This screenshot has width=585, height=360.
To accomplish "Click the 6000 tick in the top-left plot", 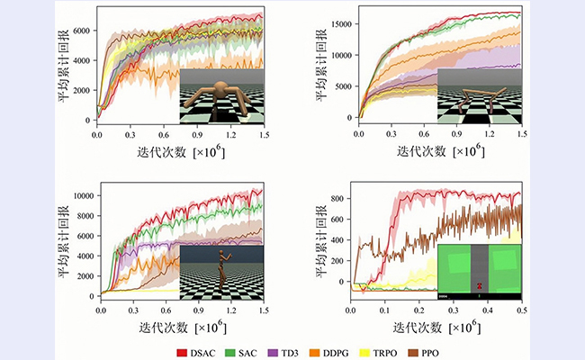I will [x=81, y=31].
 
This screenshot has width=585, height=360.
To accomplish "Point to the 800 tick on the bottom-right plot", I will [x=340, y=197].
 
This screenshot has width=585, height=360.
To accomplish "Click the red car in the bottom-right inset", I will [x=481, y=286].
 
